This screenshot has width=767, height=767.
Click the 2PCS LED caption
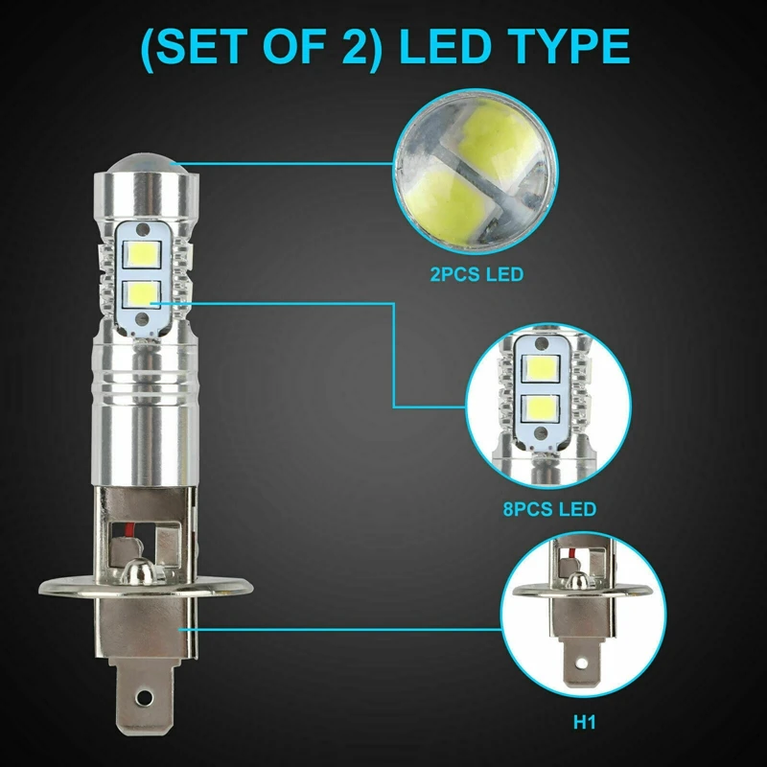pos(477,275)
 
